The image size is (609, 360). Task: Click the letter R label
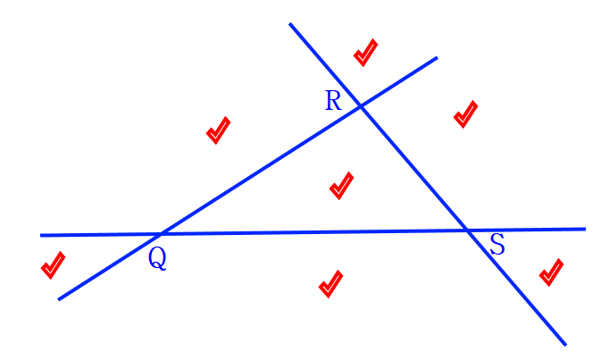tap(332, 99)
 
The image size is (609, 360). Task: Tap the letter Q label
tap(156, 257)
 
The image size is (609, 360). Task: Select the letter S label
tap(497, 245)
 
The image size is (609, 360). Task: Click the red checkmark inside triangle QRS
tap(341, 186)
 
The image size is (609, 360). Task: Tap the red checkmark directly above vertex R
tap(364, 53)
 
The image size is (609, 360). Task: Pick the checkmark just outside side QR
tap(218, 130)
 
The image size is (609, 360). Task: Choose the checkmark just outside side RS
tap(465, 114)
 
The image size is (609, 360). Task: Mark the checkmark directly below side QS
tap(330, 284)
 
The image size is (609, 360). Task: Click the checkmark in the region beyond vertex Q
tap(53, 265)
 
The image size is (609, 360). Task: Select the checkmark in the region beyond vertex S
tap(551, 272)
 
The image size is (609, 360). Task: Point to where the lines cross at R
tap(360, 107)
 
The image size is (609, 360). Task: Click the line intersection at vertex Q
tap(159, 235)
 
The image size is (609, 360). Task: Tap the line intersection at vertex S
tap(470, 231)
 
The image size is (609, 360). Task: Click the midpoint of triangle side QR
tap(259, 171)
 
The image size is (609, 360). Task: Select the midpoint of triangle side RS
tap(414, 169)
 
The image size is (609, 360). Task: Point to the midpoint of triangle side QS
tap(314, 233)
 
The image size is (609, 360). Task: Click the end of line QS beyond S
tap(585, 229)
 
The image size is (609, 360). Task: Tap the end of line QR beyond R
tap(437, 58)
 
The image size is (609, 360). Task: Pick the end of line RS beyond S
tap(565, 344)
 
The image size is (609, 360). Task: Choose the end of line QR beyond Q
tap(59, 298)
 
